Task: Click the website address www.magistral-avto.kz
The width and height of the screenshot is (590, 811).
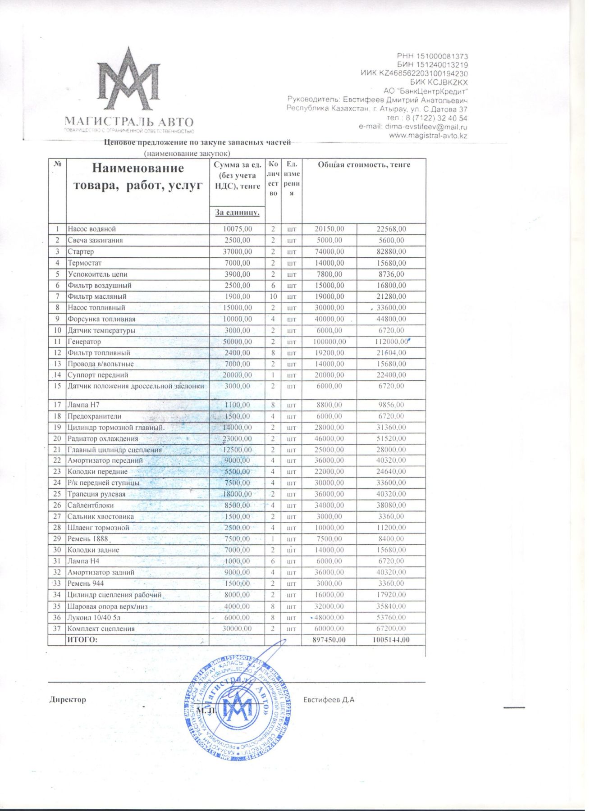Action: [428, 136]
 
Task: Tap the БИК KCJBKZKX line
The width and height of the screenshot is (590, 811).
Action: [439, 82]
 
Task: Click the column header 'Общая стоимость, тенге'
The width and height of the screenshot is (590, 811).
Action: [364, 165]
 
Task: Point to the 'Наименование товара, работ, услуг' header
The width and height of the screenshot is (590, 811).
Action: [138, 176]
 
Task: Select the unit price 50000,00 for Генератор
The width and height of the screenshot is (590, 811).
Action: [238, 342]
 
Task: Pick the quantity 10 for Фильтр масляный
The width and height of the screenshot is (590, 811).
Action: [273, 296]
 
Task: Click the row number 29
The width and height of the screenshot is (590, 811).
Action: [57, 539]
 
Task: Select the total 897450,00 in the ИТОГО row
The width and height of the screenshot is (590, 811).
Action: [329, 640]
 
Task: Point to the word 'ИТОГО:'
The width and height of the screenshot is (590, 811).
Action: [82, 640]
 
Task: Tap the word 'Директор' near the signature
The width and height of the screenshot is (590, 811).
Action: [68, 700]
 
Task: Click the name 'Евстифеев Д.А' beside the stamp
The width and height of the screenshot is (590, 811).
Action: [329, 700]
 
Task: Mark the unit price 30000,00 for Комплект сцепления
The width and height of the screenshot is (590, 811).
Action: [238, 629]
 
